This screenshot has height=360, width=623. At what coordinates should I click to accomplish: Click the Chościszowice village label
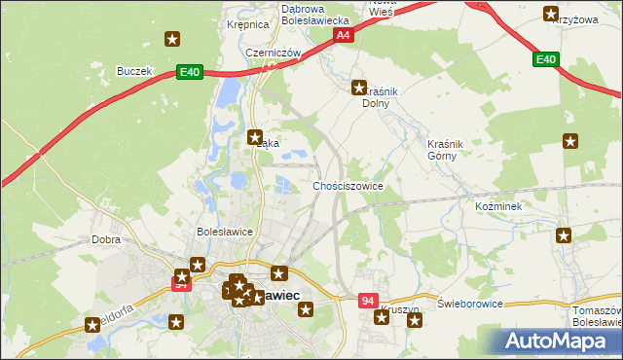pyautogui.click(x=348, y=185)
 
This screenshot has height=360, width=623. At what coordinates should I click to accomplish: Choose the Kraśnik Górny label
pyautogui.click(x=448, y=150)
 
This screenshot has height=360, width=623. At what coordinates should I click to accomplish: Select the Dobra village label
pyautogui.click(x=105, y=238)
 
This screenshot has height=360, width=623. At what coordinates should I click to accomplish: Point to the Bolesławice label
pyautogui.click(x=225, y=232)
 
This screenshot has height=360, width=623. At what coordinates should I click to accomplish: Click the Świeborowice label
pyautogui.click(x=469, y=304)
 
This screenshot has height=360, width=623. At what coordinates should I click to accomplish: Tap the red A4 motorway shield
pyautogui.click(x=343, y=35)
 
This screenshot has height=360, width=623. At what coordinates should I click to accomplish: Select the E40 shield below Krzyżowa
pyautogui.click(x=546, y=60)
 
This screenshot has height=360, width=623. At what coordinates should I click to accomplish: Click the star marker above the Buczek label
pyautogui.click(x=172, y=40)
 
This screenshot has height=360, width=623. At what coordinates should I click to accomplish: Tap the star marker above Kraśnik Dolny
pyautogui.click(x=358, y=88)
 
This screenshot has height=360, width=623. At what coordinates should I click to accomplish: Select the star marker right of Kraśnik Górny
pyautogui.click(x=570, y=141)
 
